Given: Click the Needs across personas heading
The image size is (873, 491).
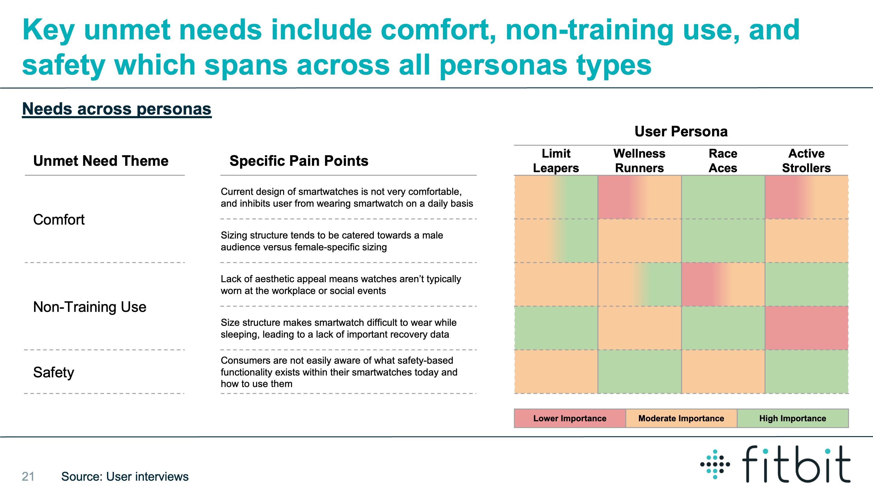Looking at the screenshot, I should pos(117,109).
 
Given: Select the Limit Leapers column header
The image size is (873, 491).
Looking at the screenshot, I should pos(556,161).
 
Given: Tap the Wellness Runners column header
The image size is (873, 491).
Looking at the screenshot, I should pos(639,161).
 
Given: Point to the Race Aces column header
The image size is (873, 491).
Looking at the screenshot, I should pos(723,161).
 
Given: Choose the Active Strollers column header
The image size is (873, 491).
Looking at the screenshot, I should pos(806,161).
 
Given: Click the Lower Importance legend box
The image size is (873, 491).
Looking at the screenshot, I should pos(570,419).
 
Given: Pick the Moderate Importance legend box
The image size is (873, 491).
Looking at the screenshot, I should pos(681,419).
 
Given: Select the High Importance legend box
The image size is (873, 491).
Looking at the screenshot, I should pos(793,419).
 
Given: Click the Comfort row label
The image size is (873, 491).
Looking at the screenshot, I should pos(59,219).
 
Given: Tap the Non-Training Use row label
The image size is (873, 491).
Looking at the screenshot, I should pos(89,307).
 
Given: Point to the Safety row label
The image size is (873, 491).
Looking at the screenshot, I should pos(54,372).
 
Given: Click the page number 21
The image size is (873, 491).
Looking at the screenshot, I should pos(28,476).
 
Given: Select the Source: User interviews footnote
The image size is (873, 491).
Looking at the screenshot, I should pos(125,476).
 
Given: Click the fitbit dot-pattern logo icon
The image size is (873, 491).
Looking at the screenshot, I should pos(715,464).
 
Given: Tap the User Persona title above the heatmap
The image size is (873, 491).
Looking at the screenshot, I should pos(681,132).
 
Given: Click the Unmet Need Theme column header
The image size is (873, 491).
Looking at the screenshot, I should pos(101,161).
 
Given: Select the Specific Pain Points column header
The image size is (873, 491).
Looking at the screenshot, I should pos(299,161).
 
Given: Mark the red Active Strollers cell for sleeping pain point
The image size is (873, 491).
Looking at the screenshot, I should pos(807,328).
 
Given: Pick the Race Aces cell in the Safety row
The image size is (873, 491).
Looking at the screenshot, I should pos(723,372).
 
